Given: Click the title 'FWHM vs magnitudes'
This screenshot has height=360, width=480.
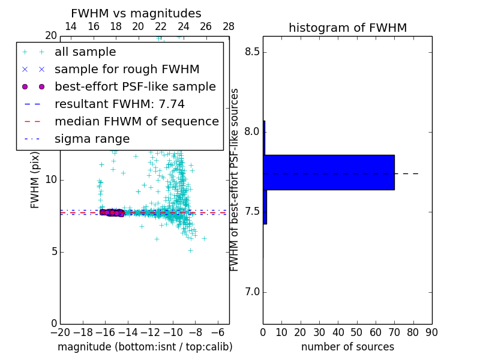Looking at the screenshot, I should [136, 14].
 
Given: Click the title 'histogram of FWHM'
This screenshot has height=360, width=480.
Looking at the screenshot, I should [347, 28].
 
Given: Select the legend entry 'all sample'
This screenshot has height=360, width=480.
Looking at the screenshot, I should [85, 52].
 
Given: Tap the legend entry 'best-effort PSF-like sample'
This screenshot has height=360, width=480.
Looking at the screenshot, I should [135, 87].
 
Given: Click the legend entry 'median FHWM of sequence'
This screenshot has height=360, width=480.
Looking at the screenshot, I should [136, 122].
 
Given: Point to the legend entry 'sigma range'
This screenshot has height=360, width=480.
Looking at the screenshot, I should [92, 139].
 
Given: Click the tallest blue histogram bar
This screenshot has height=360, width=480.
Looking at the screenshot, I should [329, 172].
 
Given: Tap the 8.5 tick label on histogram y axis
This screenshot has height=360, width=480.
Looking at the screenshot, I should [251, 52].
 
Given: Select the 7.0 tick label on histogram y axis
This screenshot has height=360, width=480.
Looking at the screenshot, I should [251, 292].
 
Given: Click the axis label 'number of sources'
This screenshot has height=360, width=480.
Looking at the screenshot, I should [347, 347].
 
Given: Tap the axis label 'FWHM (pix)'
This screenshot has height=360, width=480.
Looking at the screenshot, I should [35, 180].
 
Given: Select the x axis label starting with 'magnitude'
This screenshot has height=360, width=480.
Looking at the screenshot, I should [145, 347].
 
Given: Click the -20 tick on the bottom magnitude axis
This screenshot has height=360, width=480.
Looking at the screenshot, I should [60, 332].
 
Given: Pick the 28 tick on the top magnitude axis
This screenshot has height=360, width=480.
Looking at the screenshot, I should [229, 26].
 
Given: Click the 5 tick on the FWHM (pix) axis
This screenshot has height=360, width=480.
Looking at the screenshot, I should [52, 252].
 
